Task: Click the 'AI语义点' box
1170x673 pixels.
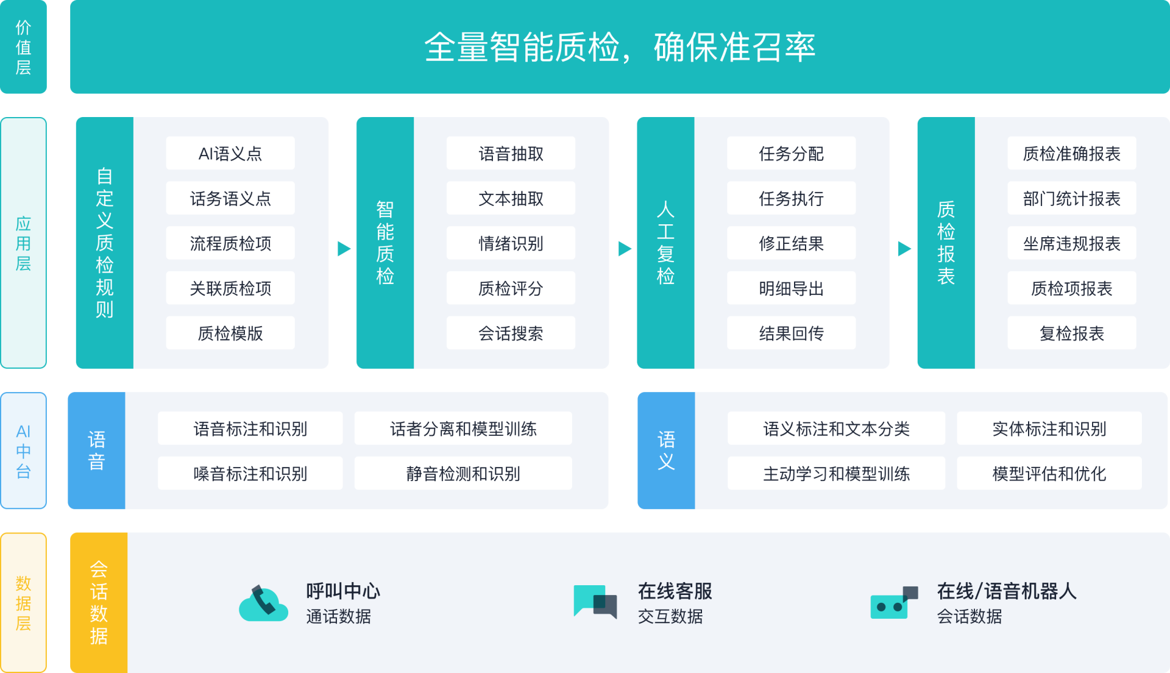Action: click(230, 154)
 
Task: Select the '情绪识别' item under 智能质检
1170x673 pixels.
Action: click(511, 243)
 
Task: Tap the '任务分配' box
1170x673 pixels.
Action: click(791, 154)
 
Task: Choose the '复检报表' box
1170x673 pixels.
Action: click(1071, 333)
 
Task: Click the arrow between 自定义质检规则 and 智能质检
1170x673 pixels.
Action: click(344, 249)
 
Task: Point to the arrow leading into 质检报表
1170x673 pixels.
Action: click(904, 249)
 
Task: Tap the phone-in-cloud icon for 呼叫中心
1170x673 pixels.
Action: click(263, 604)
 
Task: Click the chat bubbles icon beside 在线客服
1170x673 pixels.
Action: click(595, 602)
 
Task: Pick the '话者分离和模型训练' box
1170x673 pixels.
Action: click(463, 429)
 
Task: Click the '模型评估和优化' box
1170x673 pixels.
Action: click(1049, 474)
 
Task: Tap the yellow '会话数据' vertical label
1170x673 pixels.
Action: click(99, 602)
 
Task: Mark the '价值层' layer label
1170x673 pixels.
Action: click(23, 47)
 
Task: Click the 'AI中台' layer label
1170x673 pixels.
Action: click(23, 451)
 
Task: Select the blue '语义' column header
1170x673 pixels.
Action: click(666, 450)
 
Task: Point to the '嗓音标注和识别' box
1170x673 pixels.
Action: click(250, 474)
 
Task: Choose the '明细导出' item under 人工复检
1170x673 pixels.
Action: click(791, 288)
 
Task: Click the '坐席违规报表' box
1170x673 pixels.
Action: click(1071, 243)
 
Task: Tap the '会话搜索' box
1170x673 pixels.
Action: click(511, 333)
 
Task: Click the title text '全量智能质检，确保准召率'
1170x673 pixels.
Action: click(619, 47)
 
